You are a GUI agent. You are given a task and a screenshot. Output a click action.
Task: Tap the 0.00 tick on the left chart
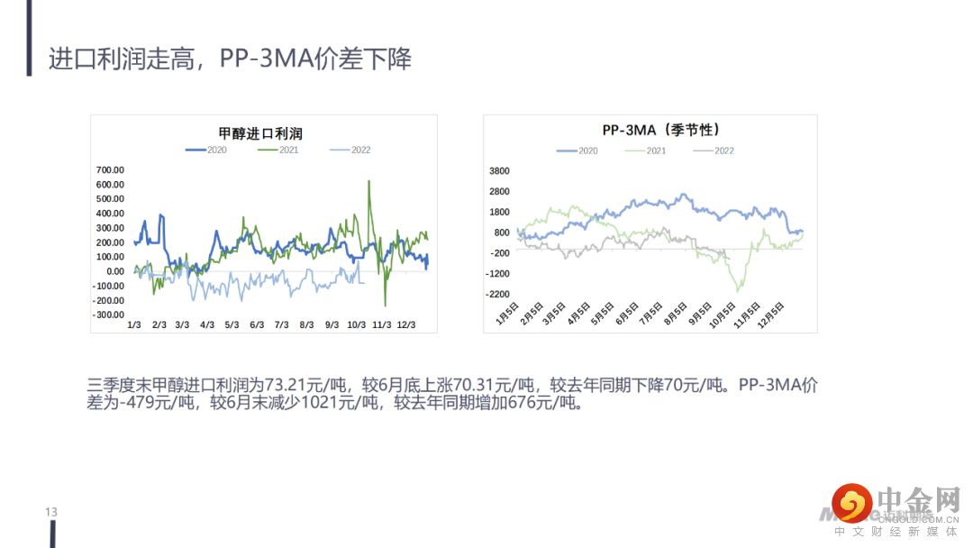coord(114,271)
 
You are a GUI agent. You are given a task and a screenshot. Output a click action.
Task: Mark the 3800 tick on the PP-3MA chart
coord(498,171)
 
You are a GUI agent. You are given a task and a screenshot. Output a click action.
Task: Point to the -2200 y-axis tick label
coord(497,295)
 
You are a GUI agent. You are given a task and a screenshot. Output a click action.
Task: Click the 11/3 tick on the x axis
coord(381,324)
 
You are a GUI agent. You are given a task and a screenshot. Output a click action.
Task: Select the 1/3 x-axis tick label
coord(133,324)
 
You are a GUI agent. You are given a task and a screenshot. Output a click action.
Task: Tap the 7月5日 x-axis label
coord(647,318)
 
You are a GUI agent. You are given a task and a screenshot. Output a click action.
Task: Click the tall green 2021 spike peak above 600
coord(369,181)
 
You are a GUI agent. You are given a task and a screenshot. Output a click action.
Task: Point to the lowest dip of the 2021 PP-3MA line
coord(740,290)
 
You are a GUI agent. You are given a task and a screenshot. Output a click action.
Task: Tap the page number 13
coord(51,512)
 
